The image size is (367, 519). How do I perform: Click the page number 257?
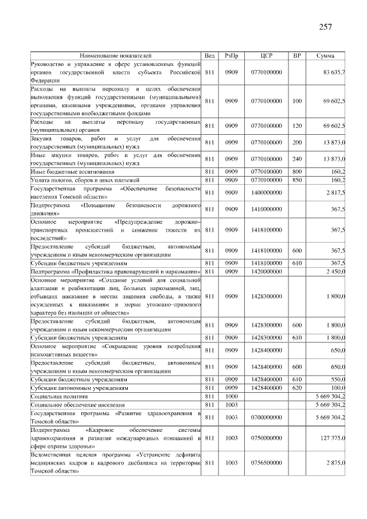click(x=326, y=26)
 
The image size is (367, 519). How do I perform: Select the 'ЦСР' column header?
click(x=266, y=56)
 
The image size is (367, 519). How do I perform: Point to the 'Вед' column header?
click(x=209, y=56)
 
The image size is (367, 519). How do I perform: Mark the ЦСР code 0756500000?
click(x=266, y=462)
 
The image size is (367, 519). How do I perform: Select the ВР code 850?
click(x=296, y=180)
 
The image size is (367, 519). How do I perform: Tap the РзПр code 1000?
click(x=231, y=396)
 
